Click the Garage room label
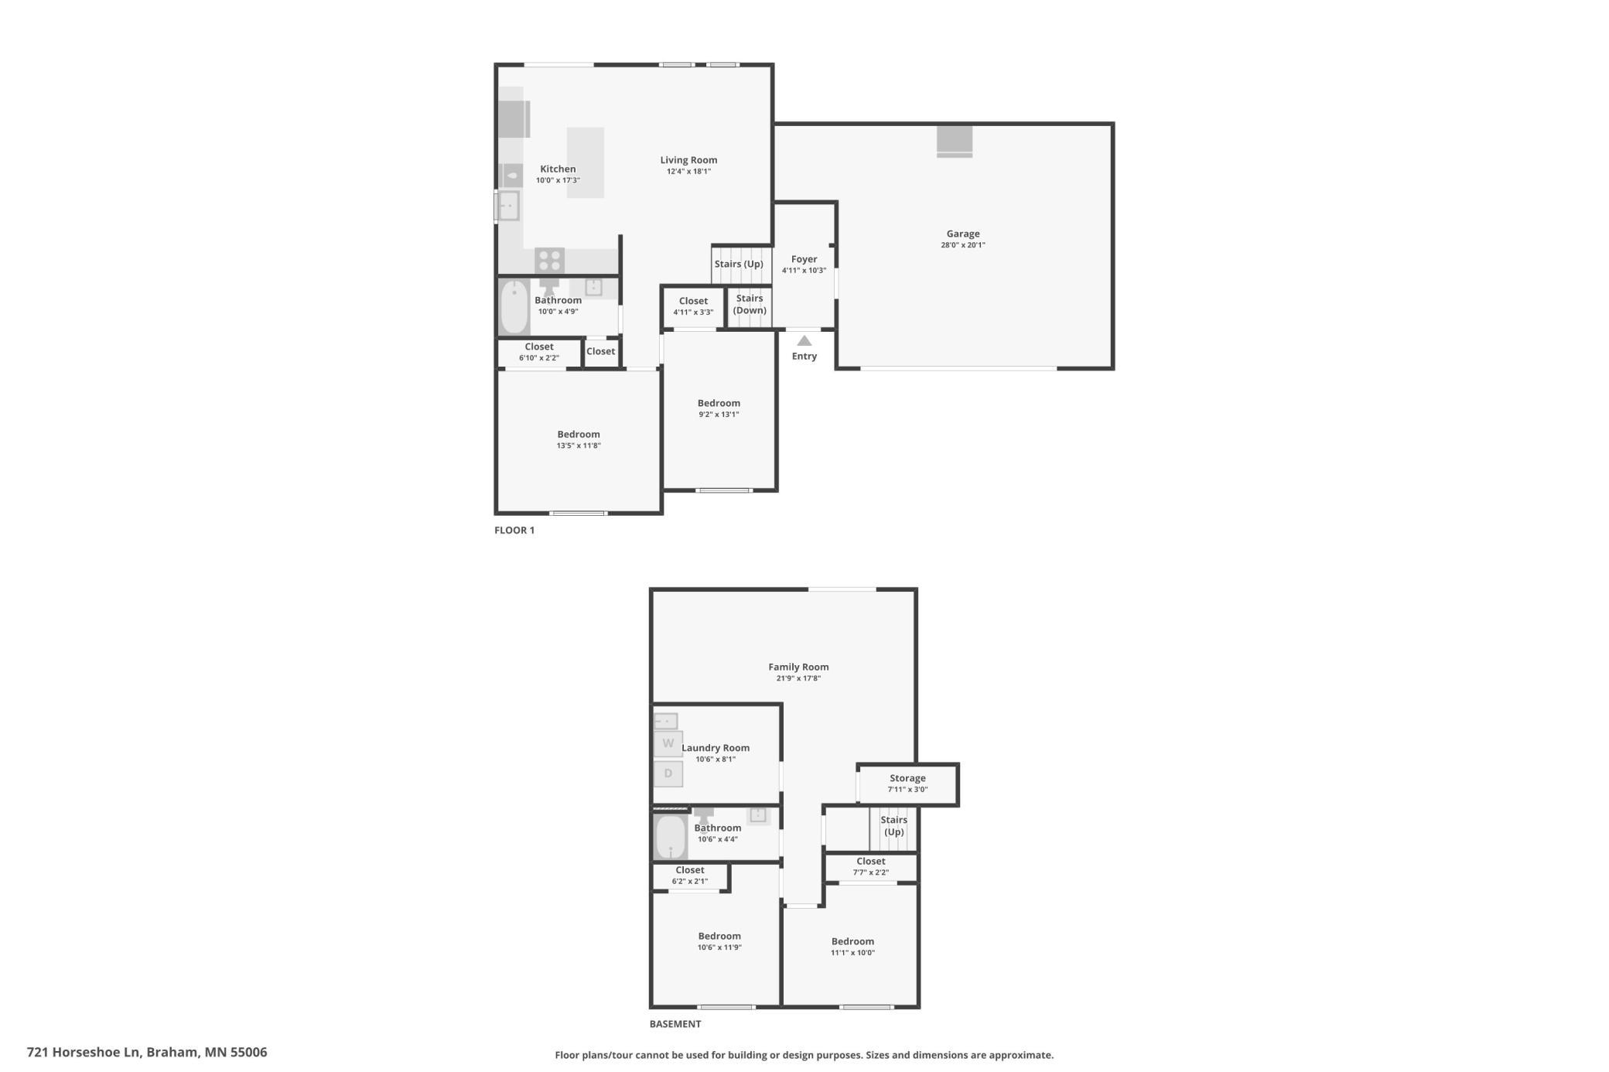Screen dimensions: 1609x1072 click(x=963, y=234)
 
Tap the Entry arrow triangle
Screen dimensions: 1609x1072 click(x=804, y=340)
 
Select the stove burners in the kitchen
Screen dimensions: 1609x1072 click(x=550, y=260)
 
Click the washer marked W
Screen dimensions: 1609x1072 click(x=668, y=744)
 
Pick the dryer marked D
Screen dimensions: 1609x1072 click(x=668, y=773)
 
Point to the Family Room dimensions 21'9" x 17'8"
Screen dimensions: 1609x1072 click(x=798, y=678)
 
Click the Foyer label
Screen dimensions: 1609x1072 click(x=804, y=259)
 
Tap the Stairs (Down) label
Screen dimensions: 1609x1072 click(x=750, y=304)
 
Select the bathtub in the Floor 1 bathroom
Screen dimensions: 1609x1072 click(x=514, y=307)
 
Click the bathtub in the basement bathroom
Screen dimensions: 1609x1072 click(x=671, y=837)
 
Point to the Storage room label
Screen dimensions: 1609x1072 click(x=907, y=778)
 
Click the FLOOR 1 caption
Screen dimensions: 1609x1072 click(x=514, y=530)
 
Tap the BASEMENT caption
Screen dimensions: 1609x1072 click(x=675, y=1023)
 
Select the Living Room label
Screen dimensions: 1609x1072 click(x=688, y=160)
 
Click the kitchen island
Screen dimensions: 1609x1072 click(x=586, y=162)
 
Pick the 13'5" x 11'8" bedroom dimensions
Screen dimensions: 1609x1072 click(x=579, y=446)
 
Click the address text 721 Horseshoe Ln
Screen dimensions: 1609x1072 click(x=84, y=1052)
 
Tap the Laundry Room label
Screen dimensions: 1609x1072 click(x=716, y=748)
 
